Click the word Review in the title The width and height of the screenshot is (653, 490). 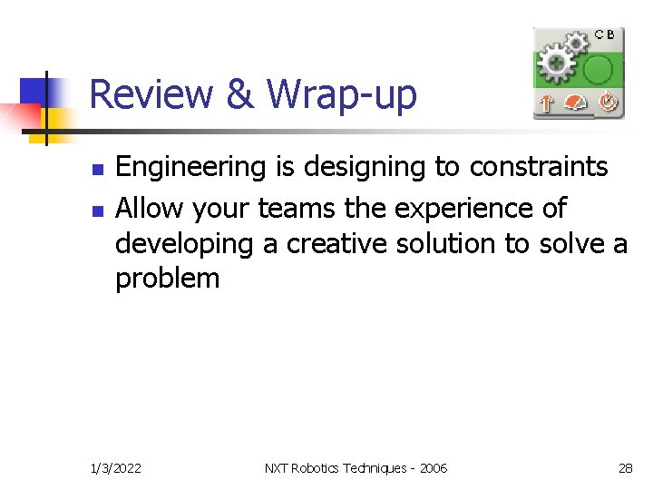pyautogui.click(x=151, y=94)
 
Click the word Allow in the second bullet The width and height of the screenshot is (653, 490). pyautogui.click(x=147, y=209)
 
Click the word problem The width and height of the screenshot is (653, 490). pyautogui.click(x=167, y=278)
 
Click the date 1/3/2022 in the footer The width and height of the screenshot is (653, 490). pyautogui.click(x=115, y=468)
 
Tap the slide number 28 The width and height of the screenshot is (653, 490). pyautogui.click(x=625, y=468)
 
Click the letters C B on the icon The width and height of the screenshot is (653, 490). pyautogui.click(x=605, y=34)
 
